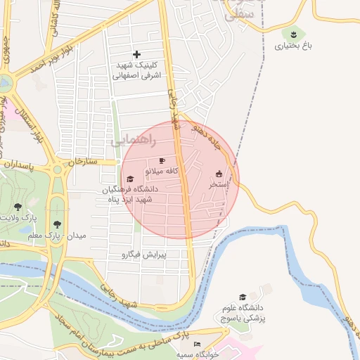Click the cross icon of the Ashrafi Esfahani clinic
136,54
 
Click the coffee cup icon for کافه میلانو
162,161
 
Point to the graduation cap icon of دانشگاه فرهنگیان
130,179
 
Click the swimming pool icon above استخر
218,174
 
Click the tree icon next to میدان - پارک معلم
55,224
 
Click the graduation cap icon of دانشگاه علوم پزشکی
243,297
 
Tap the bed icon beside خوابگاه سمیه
198,344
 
